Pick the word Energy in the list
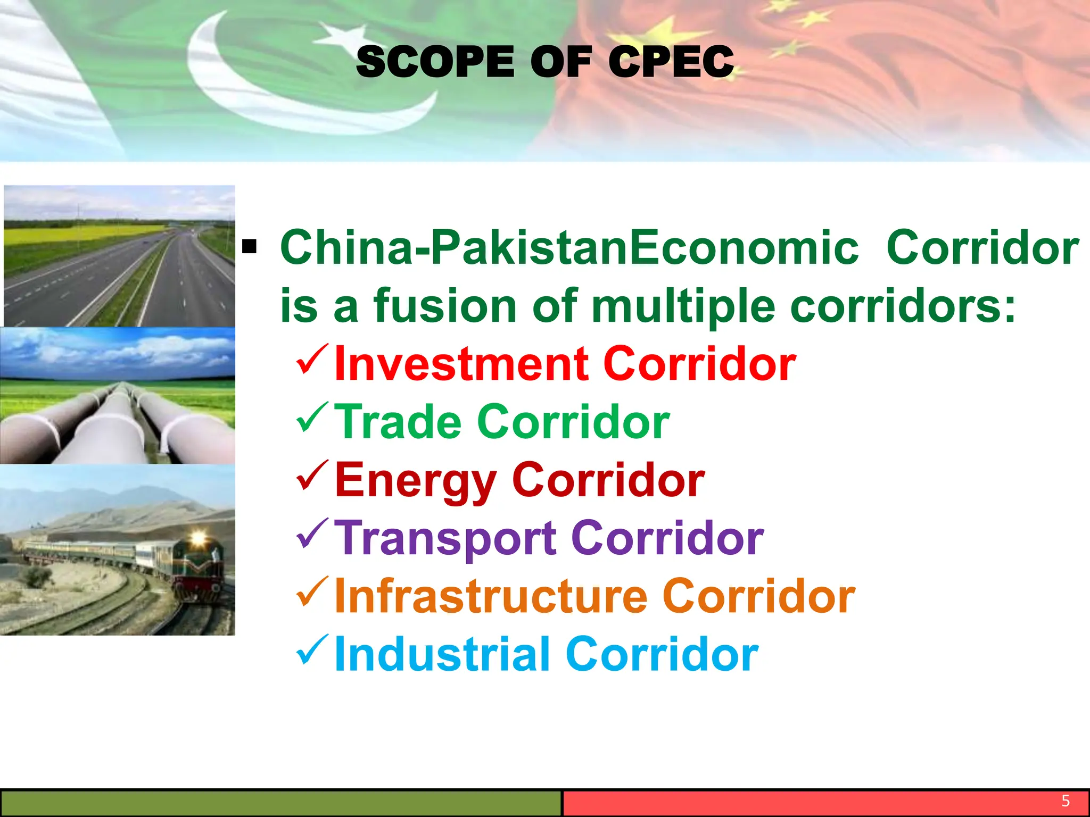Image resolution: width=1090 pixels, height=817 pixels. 416,481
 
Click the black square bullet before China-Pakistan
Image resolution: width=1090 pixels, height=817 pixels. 249,247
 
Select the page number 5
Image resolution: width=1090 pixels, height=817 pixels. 1066,801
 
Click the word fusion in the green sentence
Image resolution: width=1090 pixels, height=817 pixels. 445,306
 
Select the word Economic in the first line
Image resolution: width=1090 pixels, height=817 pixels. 744,248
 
